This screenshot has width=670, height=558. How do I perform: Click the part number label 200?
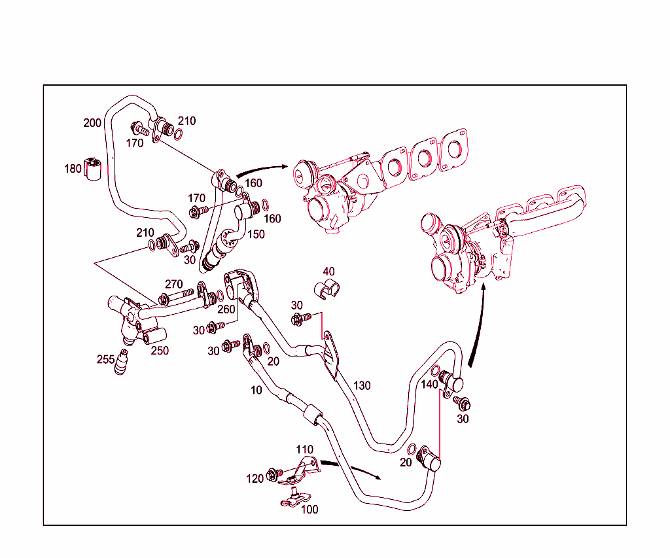coord(92,122)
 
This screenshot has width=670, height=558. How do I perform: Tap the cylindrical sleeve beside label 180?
coord(94,169)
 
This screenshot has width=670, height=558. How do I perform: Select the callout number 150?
coord(256,234)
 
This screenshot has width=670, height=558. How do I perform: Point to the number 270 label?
coord(173,284)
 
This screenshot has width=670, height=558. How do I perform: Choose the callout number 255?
coord(105,359)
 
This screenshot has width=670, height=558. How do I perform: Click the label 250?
coord(160,351)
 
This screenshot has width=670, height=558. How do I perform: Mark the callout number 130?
coord(362,386)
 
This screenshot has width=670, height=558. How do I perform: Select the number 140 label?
coord(429,385)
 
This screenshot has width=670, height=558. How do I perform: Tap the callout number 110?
coord(304,449)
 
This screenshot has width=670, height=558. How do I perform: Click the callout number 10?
coord(256,391)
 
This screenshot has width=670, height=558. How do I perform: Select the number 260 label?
coord(226,309)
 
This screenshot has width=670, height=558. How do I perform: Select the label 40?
coord(328,271)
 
